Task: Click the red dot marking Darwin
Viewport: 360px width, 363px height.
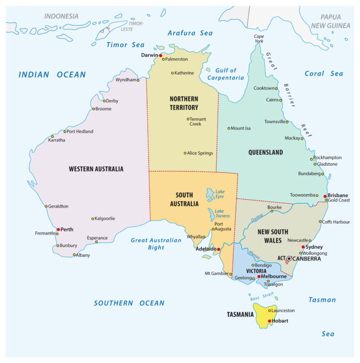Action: coord(160,55)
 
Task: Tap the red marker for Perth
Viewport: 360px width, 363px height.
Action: coord(58,229)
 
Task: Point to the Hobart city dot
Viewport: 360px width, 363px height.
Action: coord(269,321)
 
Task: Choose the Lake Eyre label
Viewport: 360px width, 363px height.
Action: coord(220,193)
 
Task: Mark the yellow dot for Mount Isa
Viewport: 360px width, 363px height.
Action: coord(229,128)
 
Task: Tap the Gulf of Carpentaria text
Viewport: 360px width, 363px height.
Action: coord(226,74)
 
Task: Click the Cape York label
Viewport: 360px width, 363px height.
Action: coord(259,38)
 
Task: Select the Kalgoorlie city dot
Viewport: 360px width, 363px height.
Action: coord(93,219)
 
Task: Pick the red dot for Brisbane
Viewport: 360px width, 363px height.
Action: coord(325,196)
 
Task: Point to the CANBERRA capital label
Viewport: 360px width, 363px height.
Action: coord(307,258)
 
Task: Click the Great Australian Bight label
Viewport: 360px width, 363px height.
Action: coord(156,244)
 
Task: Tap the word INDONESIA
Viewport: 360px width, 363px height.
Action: coord(61,17)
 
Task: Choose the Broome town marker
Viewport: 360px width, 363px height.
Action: coord(94,109)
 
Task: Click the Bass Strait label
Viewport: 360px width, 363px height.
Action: coord(262,296)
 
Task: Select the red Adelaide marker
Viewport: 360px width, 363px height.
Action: coord(218,249)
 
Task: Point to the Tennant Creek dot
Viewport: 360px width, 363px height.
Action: coord(188,119)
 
